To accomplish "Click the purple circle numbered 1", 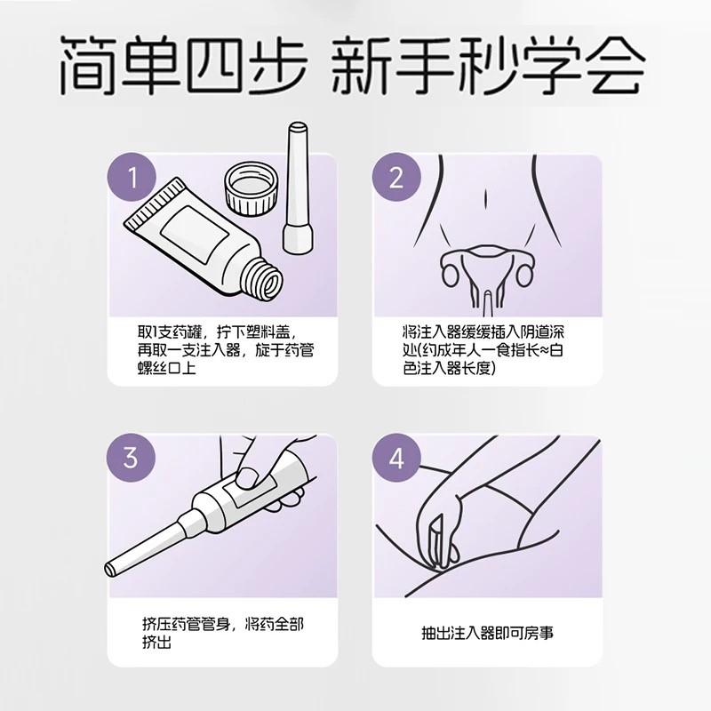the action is [x=132, y=177].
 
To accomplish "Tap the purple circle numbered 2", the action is [x=396, y=177].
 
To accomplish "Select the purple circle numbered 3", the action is [x=131, y=457].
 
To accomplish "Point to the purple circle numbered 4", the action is [x=396, y=458].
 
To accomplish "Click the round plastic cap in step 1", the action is [x=252, y=188].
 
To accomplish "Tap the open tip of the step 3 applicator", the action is [x=110, y=569].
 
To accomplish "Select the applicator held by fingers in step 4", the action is [x=436, y=542].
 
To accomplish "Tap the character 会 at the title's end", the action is [x=614, y=66].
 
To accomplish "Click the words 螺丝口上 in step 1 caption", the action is [x=167, y=368].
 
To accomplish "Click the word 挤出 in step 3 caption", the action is [x=157, y=643].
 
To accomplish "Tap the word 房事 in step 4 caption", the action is [x=539, y=633].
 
